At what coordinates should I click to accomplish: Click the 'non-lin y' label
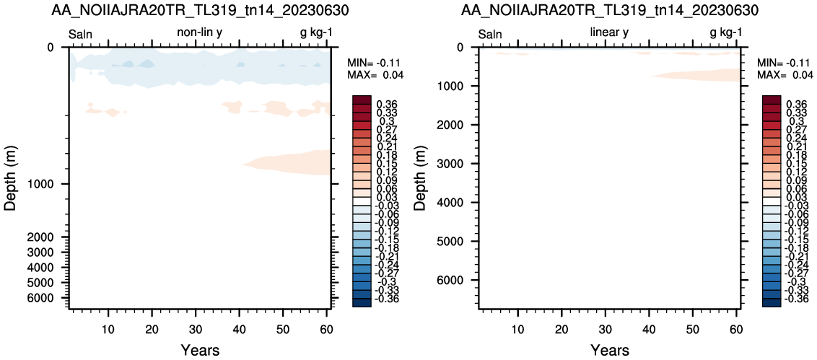pos(200,33)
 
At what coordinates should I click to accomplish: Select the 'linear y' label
pos(609,33)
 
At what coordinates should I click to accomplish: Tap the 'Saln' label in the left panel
pos(81,35)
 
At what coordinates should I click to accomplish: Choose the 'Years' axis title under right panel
pos(610,350)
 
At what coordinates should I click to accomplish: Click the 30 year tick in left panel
pos(196,329)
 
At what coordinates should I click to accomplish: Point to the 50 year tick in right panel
pos(692,329)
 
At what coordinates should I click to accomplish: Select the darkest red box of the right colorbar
pos(772,100)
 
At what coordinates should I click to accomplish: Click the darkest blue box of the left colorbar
pos(362,302)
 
